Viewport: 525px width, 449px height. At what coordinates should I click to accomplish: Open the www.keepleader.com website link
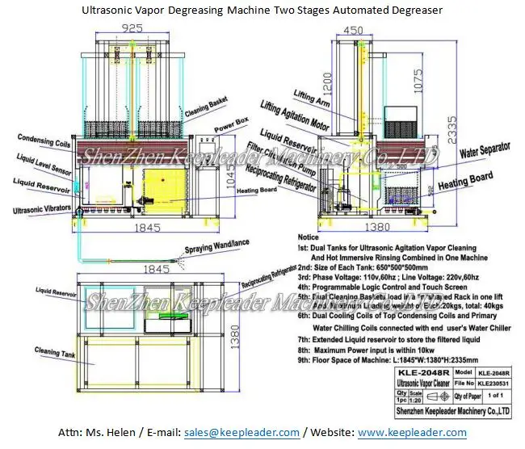412,433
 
